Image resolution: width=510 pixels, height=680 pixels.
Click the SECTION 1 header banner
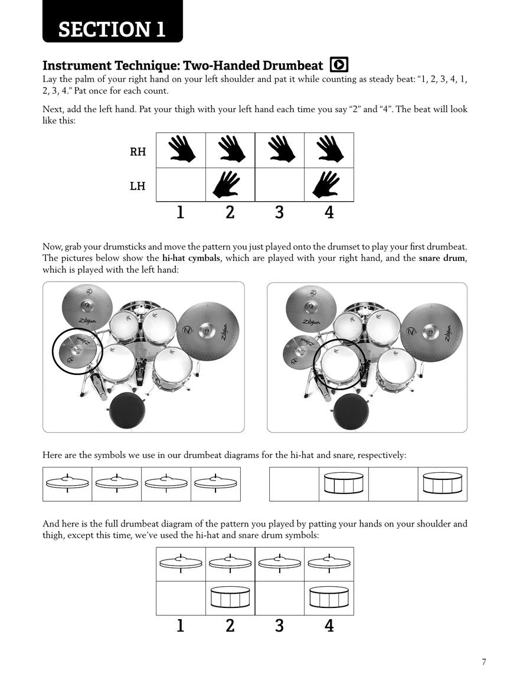coord(112,28)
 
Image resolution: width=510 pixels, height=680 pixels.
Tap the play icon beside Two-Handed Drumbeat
coord(339,64)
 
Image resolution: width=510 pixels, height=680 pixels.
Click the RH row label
coord(138,152)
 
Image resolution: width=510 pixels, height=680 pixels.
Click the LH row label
coord(138,186)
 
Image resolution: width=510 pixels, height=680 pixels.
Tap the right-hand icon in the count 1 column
coord(181,150)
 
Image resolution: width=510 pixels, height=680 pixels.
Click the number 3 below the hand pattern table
coord(279,211)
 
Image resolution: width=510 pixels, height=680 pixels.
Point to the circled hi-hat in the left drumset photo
coord(77,351)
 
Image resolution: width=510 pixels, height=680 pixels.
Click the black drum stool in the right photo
coord(351,410)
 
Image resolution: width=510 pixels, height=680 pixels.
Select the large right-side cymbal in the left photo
coord(208,332)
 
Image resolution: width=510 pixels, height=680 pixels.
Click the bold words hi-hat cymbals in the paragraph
coord(191,258)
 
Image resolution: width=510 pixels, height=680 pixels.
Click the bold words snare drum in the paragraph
coord(442,258)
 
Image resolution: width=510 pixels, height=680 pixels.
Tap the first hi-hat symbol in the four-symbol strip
coord(67,483)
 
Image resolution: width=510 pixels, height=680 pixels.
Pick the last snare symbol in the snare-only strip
coord(442,483)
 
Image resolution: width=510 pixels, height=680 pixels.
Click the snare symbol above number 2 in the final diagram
coord(230,597)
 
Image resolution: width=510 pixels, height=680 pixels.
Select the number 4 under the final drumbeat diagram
coord(329,626)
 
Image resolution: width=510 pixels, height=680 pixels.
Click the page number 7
coord(484,662)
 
